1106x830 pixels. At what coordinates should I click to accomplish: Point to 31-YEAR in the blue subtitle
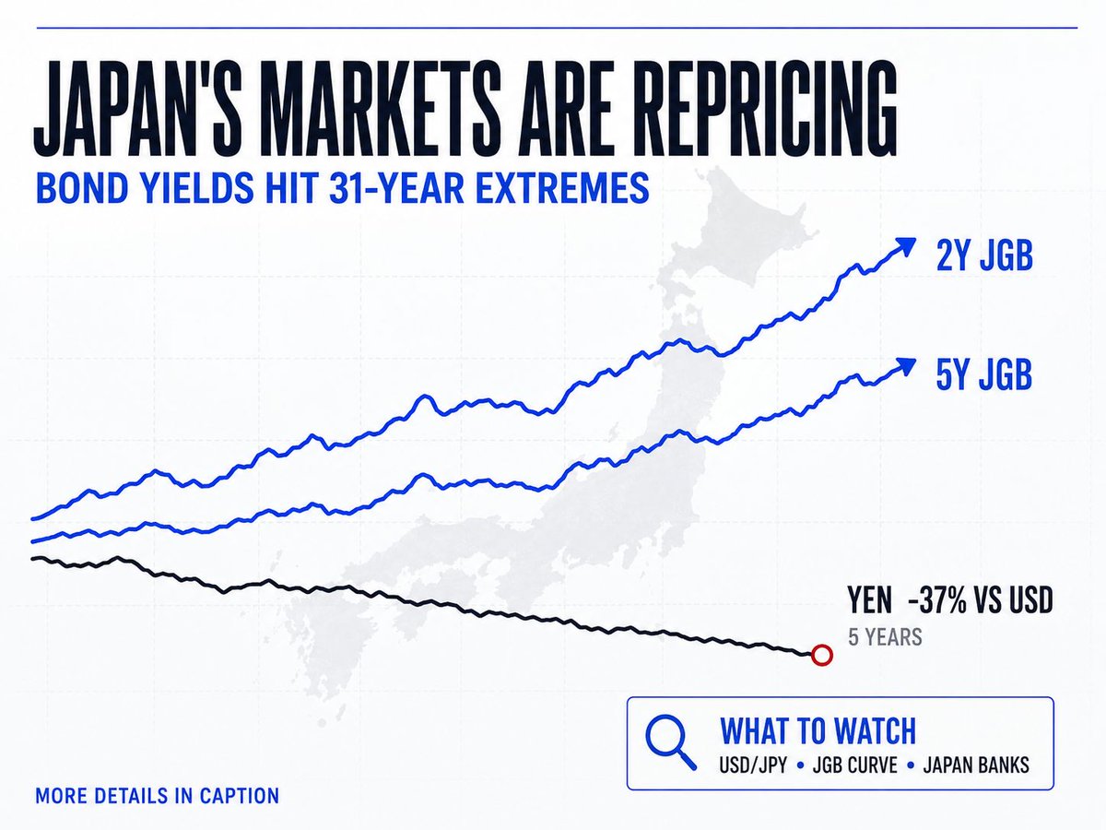coord(396,187)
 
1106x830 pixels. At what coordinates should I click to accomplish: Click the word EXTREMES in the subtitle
coord(562,187)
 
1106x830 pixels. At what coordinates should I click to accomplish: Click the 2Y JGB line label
coord(984,255)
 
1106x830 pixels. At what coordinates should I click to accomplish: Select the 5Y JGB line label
coord(984,374)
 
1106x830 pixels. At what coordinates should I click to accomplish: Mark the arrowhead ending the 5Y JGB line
coord(907,365)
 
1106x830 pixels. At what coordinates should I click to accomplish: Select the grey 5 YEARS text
coord(886,637)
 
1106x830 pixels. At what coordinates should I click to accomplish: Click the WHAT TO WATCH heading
coord(818,730)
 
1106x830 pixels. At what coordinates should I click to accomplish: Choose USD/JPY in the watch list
coord(753,765)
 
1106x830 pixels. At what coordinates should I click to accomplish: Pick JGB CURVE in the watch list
coord(855,765)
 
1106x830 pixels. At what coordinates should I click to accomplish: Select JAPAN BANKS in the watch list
coord(976,765)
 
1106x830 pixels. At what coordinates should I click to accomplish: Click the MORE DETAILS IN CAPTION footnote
coord(158,796)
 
